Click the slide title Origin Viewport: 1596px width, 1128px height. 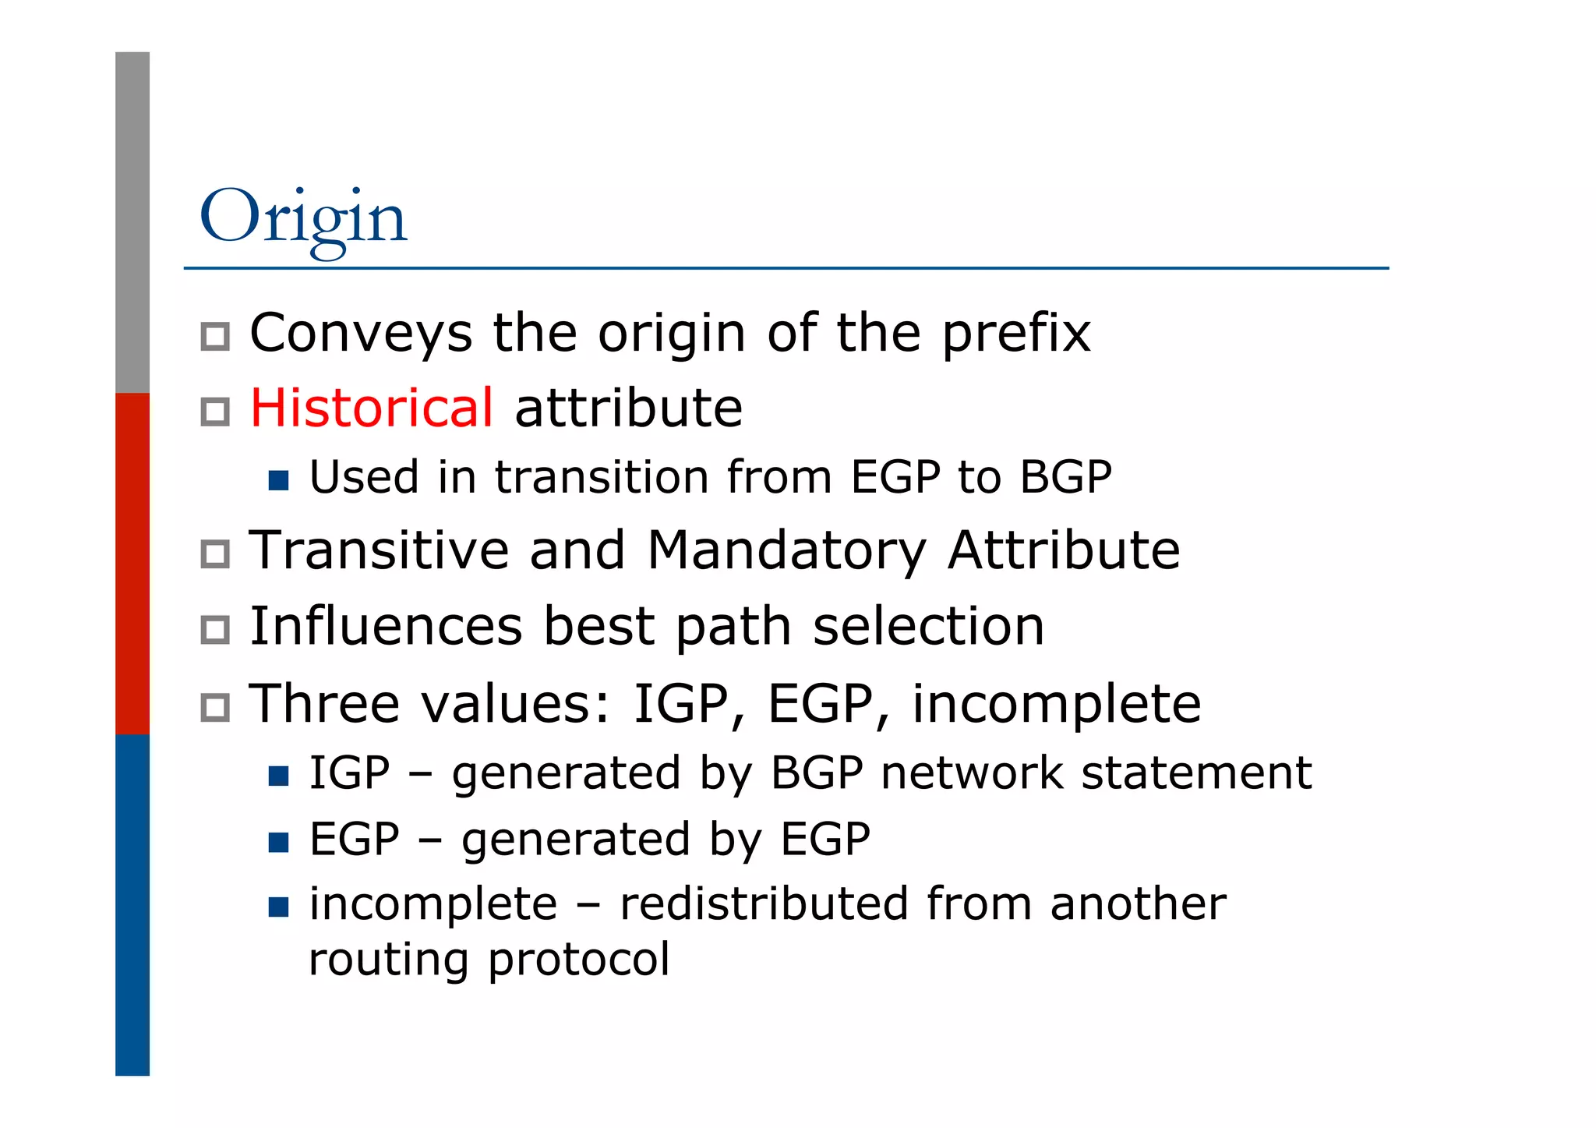point(303,218)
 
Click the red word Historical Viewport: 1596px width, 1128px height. point(371,408)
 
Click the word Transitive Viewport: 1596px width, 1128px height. point(378,550)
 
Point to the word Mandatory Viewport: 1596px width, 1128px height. point(786,552)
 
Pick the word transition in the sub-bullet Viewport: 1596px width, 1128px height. point(601,477)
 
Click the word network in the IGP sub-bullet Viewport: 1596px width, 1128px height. point(972,773)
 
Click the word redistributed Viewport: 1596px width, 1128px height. point(764,904)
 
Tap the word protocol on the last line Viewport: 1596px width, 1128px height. point(578,959)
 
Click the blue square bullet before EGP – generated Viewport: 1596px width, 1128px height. point(278,842)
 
